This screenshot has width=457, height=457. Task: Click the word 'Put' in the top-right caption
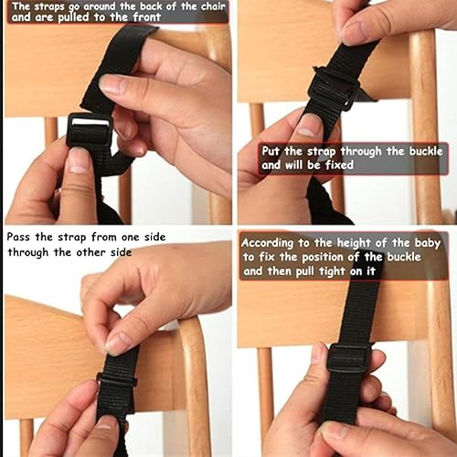[271, 151]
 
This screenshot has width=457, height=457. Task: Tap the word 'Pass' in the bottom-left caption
[20, 237]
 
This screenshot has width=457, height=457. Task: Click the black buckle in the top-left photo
[89, 133]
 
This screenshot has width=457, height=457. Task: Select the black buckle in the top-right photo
[333, 89]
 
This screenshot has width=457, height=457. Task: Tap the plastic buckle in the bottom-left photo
[116, 378]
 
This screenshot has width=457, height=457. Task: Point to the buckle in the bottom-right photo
[347, 356]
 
